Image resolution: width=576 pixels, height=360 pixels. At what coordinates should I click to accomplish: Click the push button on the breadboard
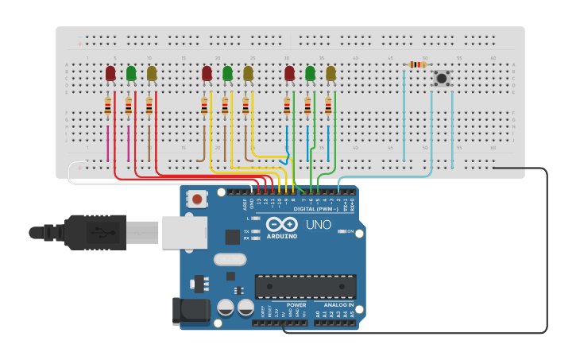click(x=441, y=78)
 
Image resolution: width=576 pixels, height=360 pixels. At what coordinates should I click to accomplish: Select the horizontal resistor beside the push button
click(x=417, y=64)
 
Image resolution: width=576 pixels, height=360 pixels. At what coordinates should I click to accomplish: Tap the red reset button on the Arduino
click(x=196, y=199)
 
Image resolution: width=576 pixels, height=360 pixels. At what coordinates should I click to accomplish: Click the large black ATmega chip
click(x=305, y=286)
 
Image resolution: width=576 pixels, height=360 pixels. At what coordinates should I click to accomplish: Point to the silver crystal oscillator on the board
click(x=230, y=259)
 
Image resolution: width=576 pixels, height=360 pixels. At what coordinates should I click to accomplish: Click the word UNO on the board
click(x=319, y=226)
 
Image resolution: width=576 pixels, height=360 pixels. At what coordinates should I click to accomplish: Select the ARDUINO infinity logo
click(x=281, y=225)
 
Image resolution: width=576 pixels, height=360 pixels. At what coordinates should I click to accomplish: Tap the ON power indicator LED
click(x=341, y=231)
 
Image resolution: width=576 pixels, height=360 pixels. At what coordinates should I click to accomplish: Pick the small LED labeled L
click(x=256, y=218)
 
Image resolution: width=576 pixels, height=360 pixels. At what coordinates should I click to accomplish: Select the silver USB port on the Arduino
click(x=184, y=232)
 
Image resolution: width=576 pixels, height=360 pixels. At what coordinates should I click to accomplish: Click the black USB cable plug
click(x=95, y=232)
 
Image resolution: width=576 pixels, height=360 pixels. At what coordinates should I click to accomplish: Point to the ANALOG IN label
click(x=334, y=304)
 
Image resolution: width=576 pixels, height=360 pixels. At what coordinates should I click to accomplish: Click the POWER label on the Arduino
click(x=296, y=304)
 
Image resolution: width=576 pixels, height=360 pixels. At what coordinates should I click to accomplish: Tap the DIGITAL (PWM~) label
click(x=315, y=209)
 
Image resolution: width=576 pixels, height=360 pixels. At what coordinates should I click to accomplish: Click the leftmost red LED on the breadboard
click(x=110, y=74)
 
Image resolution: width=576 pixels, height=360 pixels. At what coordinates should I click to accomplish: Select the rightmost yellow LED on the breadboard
click(x=331, y=74)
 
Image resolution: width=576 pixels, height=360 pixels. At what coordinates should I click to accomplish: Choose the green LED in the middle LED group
click(x=227, y=74)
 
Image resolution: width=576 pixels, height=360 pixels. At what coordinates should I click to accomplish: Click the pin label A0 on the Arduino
click(x=318, y=314)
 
